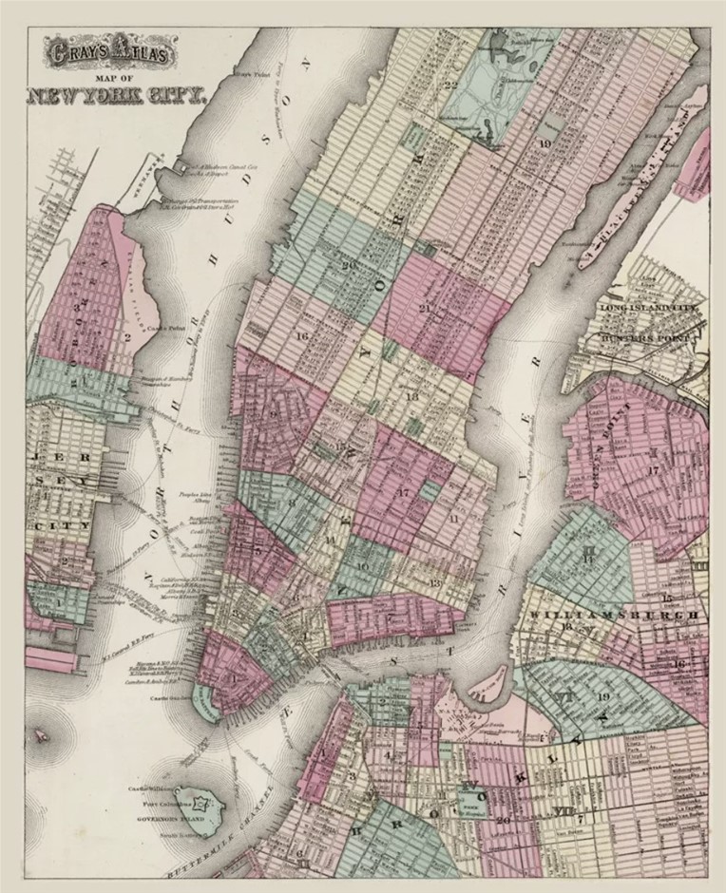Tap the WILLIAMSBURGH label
tap(617, 615)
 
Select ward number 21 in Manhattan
tap(424, 309)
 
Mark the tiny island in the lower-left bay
tap(40, 736)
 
